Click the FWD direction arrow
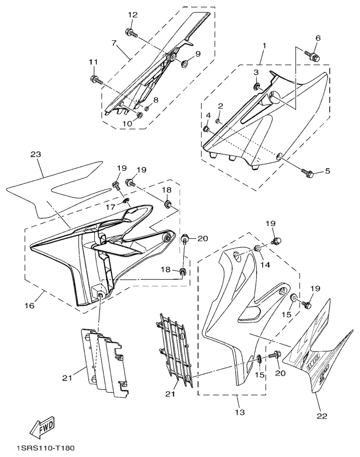tap(42, 427)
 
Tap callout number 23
tap(35, 154)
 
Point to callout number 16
tap(29, 305)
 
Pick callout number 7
tap(115, 43)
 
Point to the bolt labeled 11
tap(95, 79)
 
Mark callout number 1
tap(264, 45)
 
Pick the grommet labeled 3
tap(256, 88)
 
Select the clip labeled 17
tap(126, 202)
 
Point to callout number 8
tap(156, 100)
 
